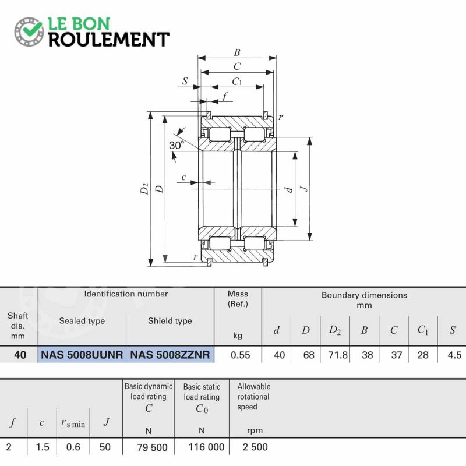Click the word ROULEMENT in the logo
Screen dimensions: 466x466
click(x=109, y=40)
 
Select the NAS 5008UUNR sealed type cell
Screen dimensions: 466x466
click(x=82, y=355)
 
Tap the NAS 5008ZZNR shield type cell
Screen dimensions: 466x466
click(x=170, y=355)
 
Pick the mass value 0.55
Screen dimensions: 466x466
click(x=241, y=355)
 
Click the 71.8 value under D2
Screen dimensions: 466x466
click(x=338, y=355)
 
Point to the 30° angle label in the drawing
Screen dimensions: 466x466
click(x=176, y=145)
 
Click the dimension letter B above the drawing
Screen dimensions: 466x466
click(x=237, y=52)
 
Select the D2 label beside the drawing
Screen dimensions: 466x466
click(x=144, y=189)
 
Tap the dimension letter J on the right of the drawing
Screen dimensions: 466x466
click(x=304, y=188)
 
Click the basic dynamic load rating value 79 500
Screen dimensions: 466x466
click(x=152, y=447)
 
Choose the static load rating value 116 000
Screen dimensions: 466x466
click(x=207, y=447)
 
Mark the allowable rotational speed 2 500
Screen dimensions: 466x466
click(x=255, y=447)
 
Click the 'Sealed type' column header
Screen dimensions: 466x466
click(x=82, y=321)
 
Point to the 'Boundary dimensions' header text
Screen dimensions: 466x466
click(x=365, y=295)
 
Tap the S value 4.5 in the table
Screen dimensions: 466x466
click(x=454, y=355)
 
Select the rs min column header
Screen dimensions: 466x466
click(x=73, y=423)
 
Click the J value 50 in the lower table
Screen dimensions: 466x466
click(x=105, y=447)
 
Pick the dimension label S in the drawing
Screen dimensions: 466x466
click(x=185, y=81)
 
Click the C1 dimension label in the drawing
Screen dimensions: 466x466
click(x=237, y=82)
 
